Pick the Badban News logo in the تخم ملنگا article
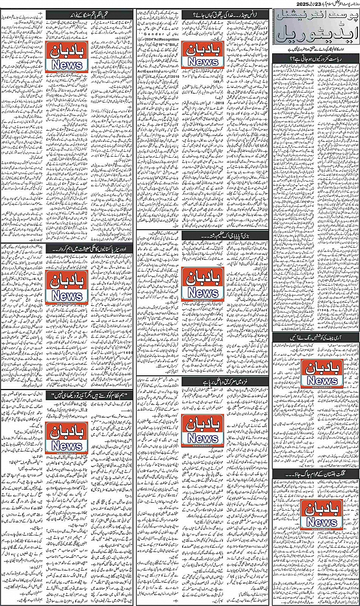(66, 57)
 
